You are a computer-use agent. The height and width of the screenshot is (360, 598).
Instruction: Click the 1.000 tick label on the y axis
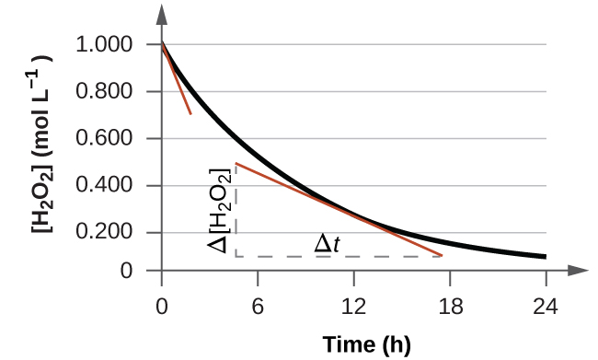[107, 45]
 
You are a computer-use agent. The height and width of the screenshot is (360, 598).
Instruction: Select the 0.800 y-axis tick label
[107, 92]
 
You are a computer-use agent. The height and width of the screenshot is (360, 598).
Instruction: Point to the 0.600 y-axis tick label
[107, 139]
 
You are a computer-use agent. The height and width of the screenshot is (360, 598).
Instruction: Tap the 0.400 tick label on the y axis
[107, 186]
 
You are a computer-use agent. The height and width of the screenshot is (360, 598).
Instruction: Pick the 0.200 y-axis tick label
[107, 233]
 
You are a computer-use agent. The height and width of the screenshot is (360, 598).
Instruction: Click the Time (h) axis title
[366, 344]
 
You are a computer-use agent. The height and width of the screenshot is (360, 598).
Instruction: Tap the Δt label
[327, 243]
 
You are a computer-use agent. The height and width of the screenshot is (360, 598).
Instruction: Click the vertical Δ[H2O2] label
[219, 211]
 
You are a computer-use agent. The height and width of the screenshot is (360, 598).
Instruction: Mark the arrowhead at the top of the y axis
[162, 13]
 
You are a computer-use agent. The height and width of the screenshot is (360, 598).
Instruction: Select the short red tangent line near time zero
[178, 81]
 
